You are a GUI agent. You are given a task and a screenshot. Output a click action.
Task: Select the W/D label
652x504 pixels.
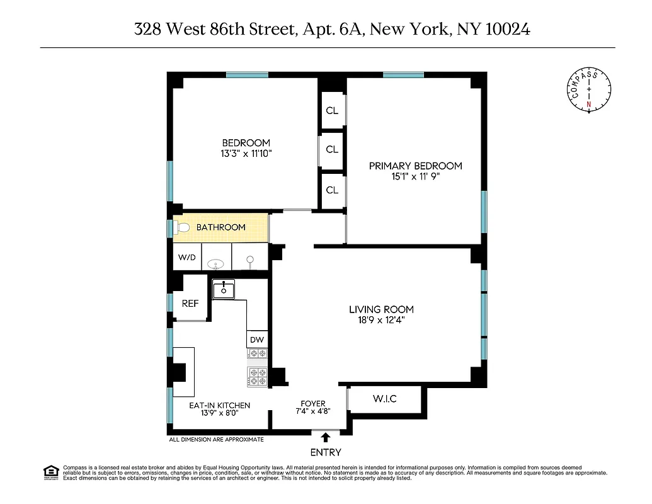tap(186, 257)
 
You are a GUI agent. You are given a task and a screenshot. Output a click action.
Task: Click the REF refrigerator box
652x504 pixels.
tap(190, 303)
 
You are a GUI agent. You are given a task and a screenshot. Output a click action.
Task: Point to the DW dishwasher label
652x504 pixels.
tap(256, 340)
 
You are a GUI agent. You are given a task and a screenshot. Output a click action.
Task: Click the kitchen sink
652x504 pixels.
tap(223, 290)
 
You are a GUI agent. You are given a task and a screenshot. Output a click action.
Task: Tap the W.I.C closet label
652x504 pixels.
tap(384, 399)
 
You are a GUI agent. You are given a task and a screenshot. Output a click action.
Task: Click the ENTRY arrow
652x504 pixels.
tap(326, 437)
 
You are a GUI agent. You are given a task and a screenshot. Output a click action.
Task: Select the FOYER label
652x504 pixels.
tap(312, 403)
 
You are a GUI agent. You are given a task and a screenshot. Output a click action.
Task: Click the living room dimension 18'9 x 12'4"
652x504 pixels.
tap(381, 320)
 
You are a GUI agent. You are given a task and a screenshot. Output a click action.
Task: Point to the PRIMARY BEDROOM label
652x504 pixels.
tap(415, 166)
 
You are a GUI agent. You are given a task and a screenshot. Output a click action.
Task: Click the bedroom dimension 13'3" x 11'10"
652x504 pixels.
tap(246, 153)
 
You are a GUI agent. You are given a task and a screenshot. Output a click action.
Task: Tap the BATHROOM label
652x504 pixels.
tap(220, 227)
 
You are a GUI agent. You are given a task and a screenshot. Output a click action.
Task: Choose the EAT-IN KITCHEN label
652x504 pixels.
tap(220, 405)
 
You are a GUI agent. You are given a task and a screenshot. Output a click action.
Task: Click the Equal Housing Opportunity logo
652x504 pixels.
tap(51, 472)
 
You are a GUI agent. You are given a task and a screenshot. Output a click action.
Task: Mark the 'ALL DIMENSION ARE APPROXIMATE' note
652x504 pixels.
tap(216, 439)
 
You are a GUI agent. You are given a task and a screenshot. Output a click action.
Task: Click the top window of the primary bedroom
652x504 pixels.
tap(403, 75)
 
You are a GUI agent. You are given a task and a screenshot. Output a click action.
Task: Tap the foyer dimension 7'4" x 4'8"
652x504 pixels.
tap(312, 411)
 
